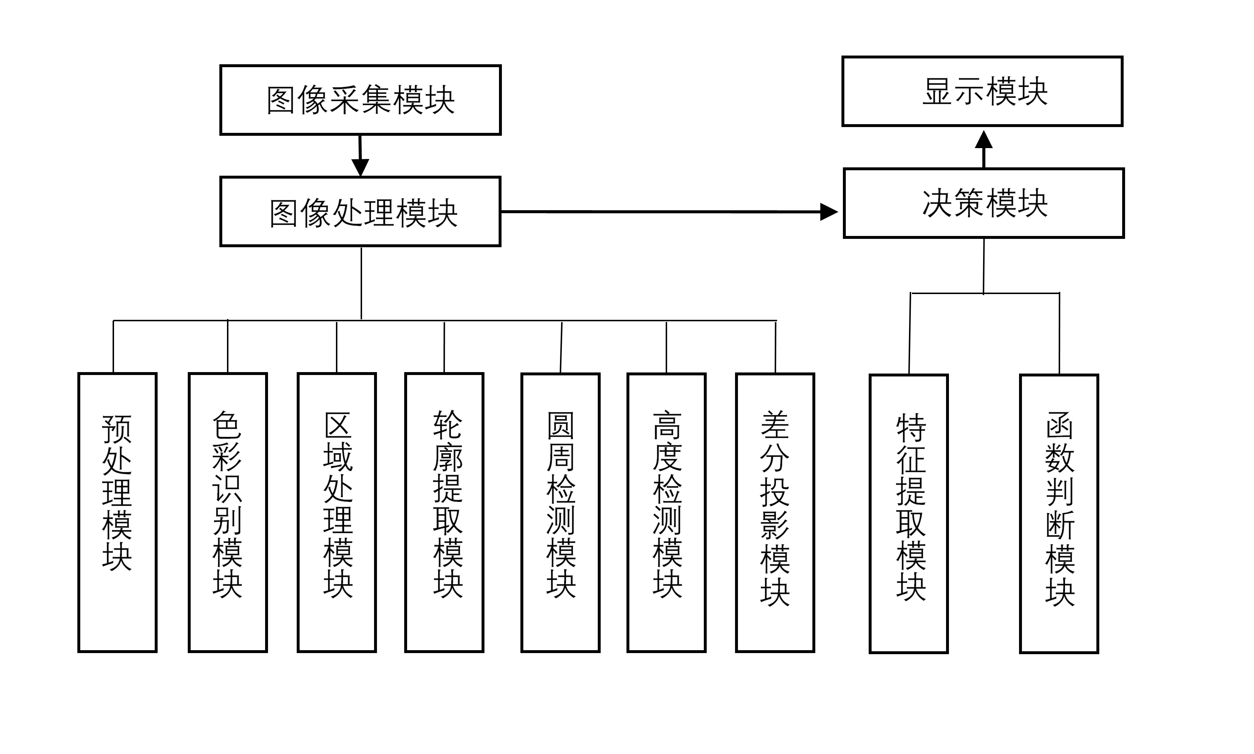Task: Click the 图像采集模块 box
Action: point(365,99)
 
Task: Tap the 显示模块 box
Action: point(996,90)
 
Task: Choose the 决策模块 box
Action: point(996,202)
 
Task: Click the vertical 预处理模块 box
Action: point(117,510)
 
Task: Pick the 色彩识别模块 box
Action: point(228,510)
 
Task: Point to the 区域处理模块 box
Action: point(337,514)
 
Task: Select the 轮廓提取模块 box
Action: point(447,508)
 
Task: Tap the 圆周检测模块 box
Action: point(561,508)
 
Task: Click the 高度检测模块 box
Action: point(667,508)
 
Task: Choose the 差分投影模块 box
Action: point(774,508)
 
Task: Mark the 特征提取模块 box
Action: point(910,511)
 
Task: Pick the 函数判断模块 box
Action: point(1059,508)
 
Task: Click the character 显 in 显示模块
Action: point(938,91)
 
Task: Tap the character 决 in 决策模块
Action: point(937,203)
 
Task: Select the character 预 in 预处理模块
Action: point(117,430)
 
